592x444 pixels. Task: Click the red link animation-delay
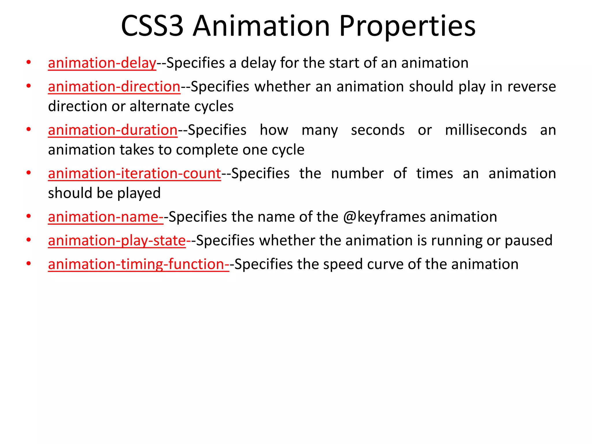coord(102,63)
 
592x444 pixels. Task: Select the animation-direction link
coord(114,87)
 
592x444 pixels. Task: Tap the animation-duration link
coord(113,130)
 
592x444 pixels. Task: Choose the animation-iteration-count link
coord(134,174)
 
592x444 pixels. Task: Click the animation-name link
coord(106,217)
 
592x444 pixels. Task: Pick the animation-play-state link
coord(117,241)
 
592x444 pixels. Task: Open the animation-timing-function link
coord(138,264)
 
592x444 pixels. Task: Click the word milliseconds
coord(486,130)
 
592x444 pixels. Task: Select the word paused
coord(529,241)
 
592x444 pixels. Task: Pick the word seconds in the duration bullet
coord(378,130)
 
